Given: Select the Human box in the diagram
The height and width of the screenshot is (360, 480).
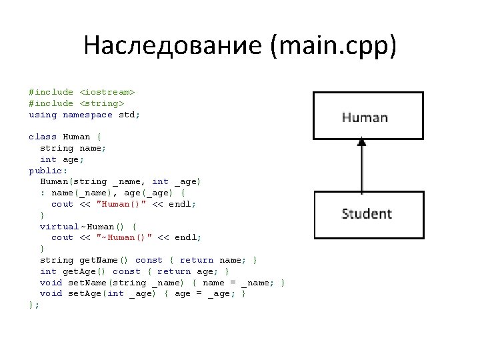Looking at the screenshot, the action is point(364,117).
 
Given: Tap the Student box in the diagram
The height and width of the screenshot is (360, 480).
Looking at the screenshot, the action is point(366,214).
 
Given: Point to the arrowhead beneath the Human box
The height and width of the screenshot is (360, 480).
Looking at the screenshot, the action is point(361,142).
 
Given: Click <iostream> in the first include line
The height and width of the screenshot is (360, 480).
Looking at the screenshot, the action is point(107,92).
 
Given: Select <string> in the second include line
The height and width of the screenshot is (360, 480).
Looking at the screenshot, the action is point(101,103).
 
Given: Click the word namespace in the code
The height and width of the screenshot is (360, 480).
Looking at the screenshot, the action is point(87,115).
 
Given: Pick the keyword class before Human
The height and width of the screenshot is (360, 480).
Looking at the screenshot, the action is point(43,137).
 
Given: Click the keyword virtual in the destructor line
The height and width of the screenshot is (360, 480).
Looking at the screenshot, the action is point(59,227).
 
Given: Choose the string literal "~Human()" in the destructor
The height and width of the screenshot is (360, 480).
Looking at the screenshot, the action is point(126,237).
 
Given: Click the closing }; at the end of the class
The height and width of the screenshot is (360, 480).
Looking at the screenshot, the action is point(34,305).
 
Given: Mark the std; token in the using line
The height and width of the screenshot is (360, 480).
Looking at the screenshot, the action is point(129,115).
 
